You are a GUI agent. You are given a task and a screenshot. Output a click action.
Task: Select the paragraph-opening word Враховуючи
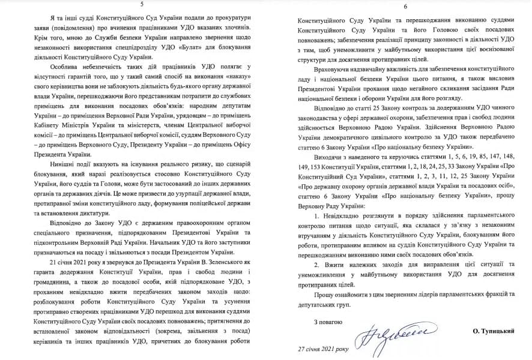point(334,71)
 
